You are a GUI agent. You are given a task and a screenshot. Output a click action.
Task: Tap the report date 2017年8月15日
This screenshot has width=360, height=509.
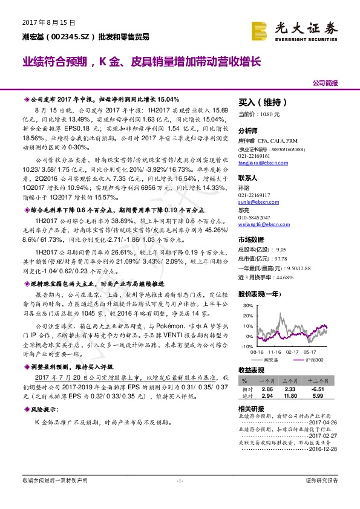point(41,23)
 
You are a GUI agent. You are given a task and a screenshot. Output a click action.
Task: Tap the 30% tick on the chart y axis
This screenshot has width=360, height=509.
point(247,305)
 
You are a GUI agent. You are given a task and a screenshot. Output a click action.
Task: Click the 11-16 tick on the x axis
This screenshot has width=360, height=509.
point(275,351)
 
